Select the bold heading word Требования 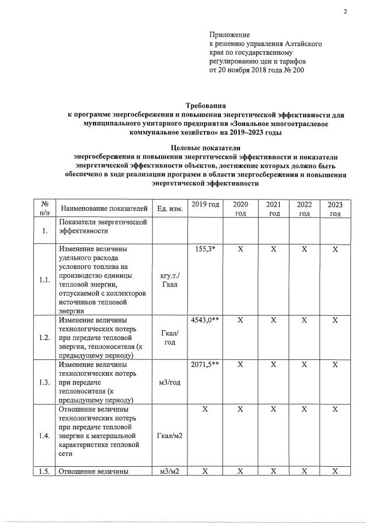pos(205,106)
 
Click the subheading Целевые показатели pos(205,148)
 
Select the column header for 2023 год pos(335,209)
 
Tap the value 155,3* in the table pos(205,249)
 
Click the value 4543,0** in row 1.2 pos(205,320)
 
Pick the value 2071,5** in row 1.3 pos(205,365)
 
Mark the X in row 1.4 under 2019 pos(205,410)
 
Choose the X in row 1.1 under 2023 pos(335,249)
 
